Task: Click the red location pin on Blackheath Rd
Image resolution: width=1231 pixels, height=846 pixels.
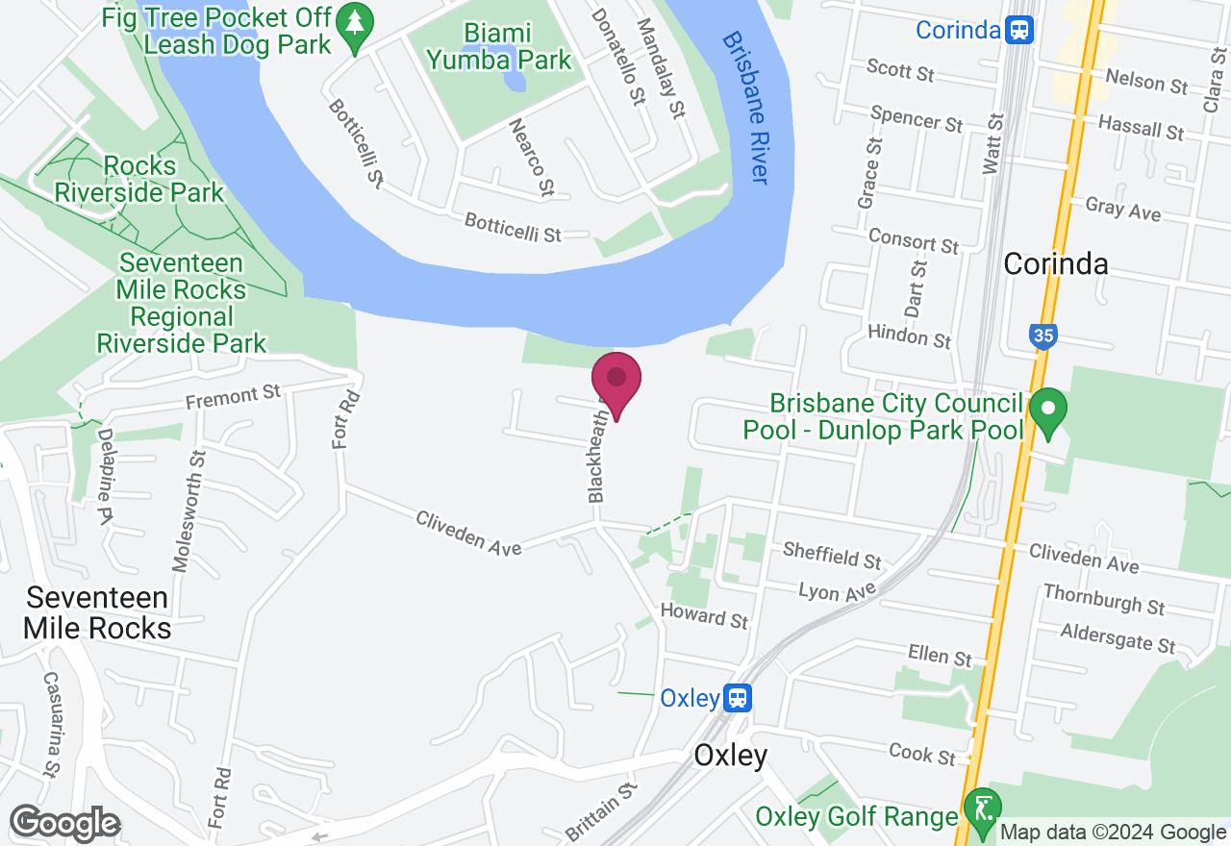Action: click(616, 380)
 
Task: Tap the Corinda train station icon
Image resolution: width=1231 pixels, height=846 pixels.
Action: click(1018, 30)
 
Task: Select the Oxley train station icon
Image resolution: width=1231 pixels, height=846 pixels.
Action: click(738, 698)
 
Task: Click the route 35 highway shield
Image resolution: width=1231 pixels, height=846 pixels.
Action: click(1043, 336)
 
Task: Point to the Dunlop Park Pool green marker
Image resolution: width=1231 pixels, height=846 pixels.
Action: click(1048, 411)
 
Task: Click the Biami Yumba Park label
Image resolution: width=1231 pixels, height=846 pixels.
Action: click(499, 46)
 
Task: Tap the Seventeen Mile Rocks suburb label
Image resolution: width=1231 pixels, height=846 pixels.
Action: click(97, 613)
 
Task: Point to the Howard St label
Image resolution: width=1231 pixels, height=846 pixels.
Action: click(704, 616)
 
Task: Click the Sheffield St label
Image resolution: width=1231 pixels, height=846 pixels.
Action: click(832, 555)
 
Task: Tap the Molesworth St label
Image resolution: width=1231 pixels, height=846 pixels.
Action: click(188, 510)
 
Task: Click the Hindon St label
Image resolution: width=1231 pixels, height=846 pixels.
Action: click(909, 336)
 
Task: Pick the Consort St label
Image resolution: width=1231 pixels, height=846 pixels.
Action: click(913, 240)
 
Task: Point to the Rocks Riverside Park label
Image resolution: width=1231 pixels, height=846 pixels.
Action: click(138, 179)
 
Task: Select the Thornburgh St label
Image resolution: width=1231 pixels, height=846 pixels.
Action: click(1104, 599)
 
